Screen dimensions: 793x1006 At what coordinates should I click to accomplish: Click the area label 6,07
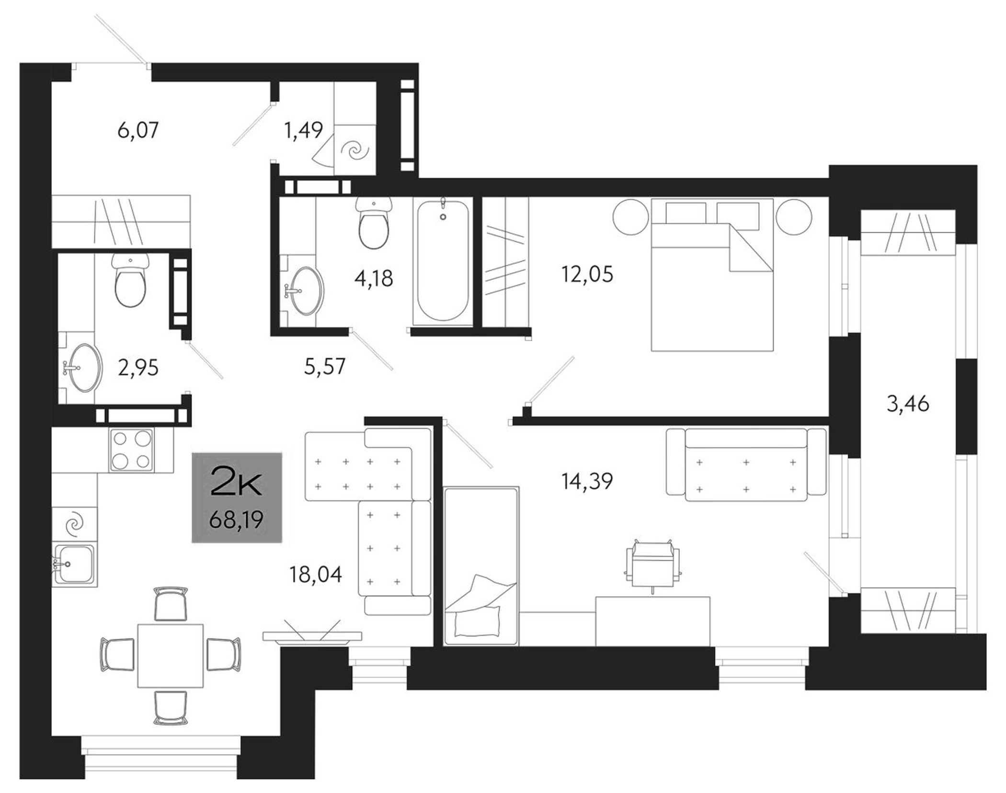point(138,130)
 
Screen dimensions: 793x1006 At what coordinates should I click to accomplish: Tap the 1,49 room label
point(304,130)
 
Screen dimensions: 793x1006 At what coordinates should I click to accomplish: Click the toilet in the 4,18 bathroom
point(374,225)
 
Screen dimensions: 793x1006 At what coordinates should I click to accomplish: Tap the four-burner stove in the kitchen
point(131,450)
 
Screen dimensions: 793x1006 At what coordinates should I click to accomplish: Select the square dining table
point(171,656)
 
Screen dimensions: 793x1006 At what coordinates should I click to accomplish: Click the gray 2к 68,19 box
point(237,497)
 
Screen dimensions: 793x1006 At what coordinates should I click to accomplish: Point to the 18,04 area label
point(316,575)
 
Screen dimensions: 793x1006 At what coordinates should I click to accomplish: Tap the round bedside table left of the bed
point(631,217)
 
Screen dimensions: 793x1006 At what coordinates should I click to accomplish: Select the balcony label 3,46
point(908,404)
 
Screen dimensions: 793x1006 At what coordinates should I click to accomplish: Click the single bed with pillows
point(481,566)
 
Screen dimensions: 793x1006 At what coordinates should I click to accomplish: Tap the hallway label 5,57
point(324,366)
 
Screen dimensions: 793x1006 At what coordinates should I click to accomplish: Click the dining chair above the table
point(171,603)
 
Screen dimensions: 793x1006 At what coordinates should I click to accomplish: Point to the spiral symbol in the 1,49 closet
point(355,152)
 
